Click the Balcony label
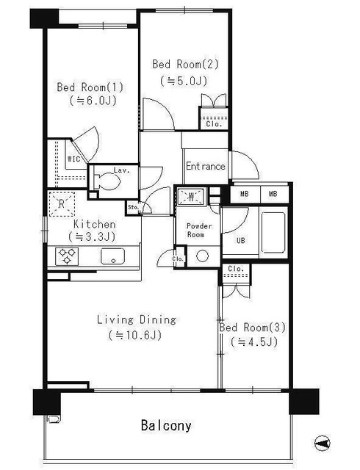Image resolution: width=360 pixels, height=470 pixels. pos(166,426)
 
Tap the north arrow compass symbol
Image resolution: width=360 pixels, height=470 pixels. pos(323,443)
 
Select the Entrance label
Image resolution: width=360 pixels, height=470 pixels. pos(206,166)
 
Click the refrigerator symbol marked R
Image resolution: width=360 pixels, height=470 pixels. pos(62,204)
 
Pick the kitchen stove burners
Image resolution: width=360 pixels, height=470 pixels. pos(67,256)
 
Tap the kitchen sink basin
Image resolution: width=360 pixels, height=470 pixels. pos(113,256)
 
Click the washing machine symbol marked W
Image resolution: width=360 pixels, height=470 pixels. pos(191,196)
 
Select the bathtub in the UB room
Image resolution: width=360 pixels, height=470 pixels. pos(273,232)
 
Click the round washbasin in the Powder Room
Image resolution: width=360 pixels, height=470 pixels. pos(202,256)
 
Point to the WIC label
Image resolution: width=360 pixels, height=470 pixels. pos(73,159)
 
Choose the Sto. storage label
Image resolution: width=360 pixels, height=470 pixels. pos(133,207)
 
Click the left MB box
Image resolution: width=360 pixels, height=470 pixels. pos(245,194)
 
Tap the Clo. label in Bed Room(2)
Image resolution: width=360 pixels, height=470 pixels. pos(214,124)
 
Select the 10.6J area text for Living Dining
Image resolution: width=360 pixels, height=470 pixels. pos(135,335)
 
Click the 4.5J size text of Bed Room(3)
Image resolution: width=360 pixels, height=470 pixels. pos(253,342)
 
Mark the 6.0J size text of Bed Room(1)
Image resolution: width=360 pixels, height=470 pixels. pos(93,101)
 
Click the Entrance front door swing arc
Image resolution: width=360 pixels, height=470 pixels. pos(251,162)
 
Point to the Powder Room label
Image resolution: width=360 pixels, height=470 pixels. pos(199,230)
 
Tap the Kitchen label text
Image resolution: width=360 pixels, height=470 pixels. pos(95,224)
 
